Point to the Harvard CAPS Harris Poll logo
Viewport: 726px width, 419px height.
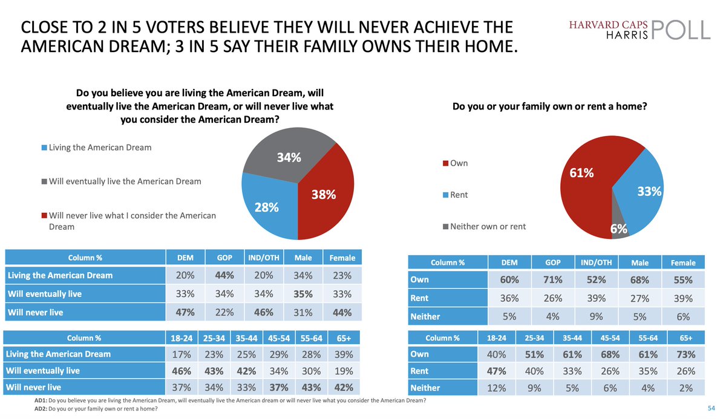639,28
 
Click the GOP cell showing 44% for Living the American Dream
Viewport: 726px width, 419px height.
224,275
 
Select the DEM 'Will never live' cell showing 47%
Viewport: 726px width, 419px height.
185,312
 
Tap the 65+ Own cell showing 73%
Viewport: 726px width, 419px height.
685,354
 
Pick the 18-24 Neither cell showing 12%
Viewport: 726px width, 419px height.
497,388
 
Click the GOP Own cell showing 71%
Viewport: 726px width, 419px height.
552,280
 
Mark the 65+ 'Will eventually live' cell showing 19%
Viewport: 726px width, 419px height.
342,371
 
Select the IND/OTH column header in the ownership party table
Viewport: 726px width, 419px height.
596,262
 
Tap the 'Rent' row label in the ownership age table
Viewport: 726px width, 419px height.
419,371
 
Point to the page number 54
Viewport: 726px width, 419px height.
711,409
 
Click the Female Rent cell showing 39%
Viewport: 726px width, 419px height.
682,298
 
